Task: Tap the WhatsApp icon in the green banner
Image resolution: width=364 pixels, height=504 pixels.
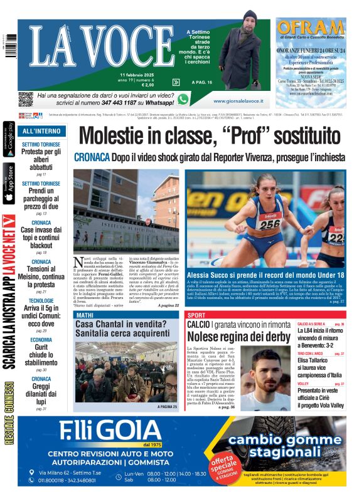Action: (183, 99)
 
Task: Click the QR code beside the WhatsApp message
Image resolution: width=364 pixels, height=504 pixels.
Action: (25, 99)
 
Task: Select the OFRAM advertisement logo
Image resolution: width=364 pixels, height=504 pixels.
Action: (311, 28)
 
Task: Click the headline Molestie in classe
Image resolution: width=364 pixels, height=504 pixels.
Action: (211, 137)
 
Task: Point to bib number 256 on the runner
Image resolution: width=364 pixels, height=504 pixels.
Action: (270, 224)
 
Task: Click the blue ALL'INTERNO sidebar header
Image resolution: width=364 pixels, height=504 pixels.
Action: (42, 132)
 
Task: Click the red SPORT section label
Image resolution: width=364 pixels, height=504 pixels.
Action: (196, 315)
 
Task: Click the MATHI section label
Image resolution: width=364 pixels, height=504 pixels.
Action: (85, 315)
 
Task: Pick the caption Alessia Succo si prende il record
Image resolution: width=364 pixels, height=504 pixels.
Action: (265, 275)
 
